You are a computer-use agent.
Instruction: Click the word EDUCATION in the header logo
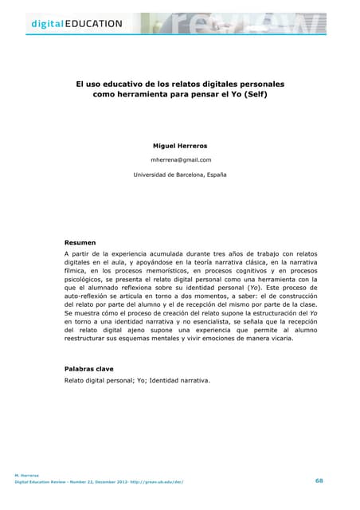pos(95,23)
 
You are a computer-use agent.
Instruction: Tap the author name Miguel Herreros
pos(180,146)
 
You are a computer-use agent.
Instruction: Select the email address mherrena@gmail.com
pos(180,159)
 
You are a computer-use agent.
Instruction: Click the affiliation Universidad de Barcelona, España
pos(180,174)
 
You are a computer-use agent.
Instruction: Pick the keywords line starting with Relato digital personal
pos(137,380)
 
